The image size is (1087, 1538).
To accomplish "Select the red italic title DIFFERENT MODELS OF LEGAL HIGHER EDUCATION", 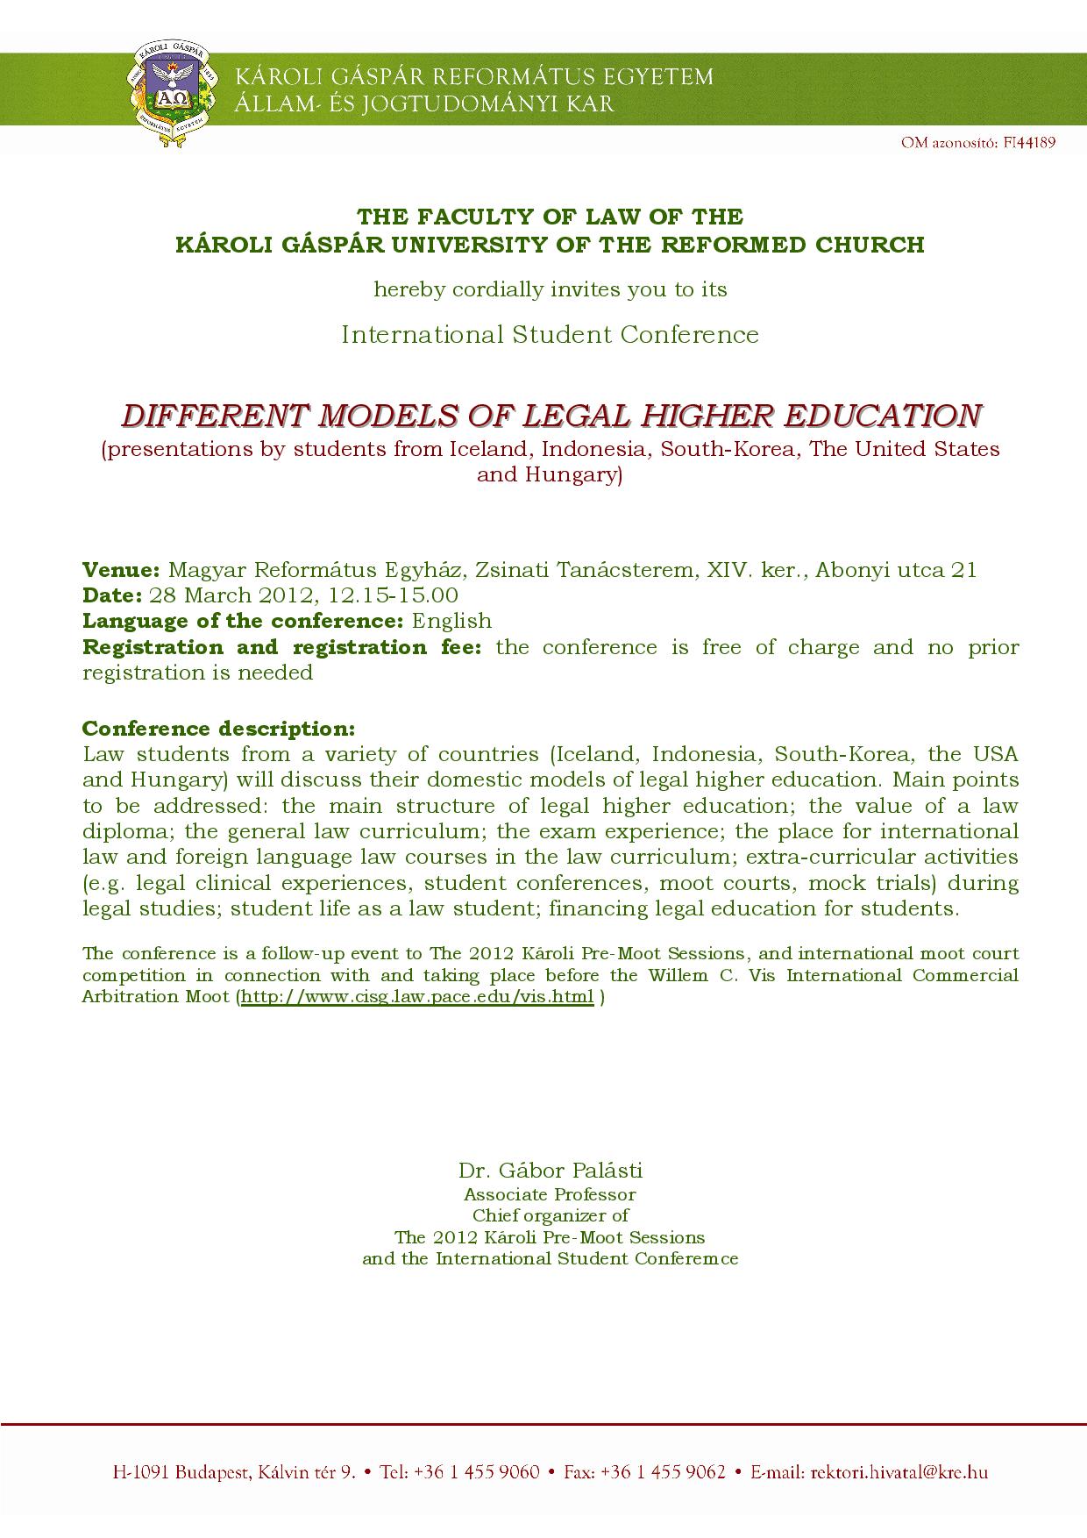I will [x=551, y=415].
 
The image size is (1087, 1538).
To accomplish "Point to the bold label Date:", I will [x=112, y=595].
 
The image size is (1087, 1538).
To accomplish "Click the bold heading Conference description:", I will [x=218, y=729].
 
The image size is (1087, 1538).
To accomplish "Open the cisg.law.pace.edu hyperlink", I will [x=417, y=997].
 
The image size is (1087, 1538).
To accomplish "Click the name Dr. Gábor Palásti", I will [x=550, y=1170].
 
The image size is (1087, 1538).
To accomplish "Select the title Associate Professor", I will [x=550, y=1194].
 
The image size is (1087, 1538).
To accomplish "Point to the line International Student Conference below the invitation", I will [x=550, y=334].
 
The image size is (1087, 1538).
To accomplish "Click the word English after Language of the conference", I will [x=451, y=621].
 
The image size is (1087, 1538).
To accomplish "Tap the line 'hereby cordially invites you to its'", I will [x=550, y=289].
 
